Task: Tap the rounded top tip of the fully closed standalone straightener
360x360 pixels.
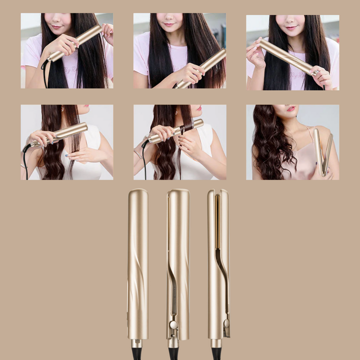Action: tap(137, 192)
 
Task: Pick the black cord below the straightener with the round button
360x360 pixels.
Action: tap(173, 353)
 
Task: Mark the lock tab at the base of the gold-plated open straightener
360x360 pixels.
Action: tap(226, 328)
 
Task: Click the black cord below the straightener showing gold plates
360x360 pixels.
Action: tap(216, 354)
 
